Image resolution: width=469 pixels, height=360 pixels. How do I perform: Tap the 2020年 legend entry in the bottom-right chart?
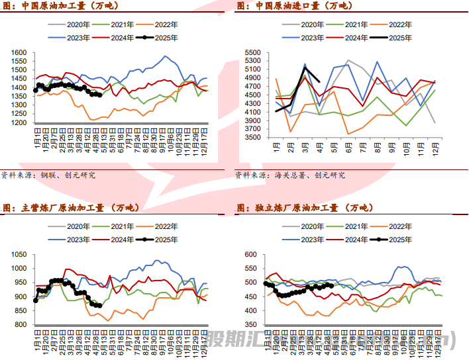click(309, 227)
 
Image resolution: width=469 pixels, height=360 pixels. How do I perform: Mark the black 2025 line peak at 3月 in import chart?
click(305, 67)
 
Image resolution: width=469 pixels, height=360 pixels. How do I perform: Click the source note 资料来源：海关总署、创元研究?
click(290, 175)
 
